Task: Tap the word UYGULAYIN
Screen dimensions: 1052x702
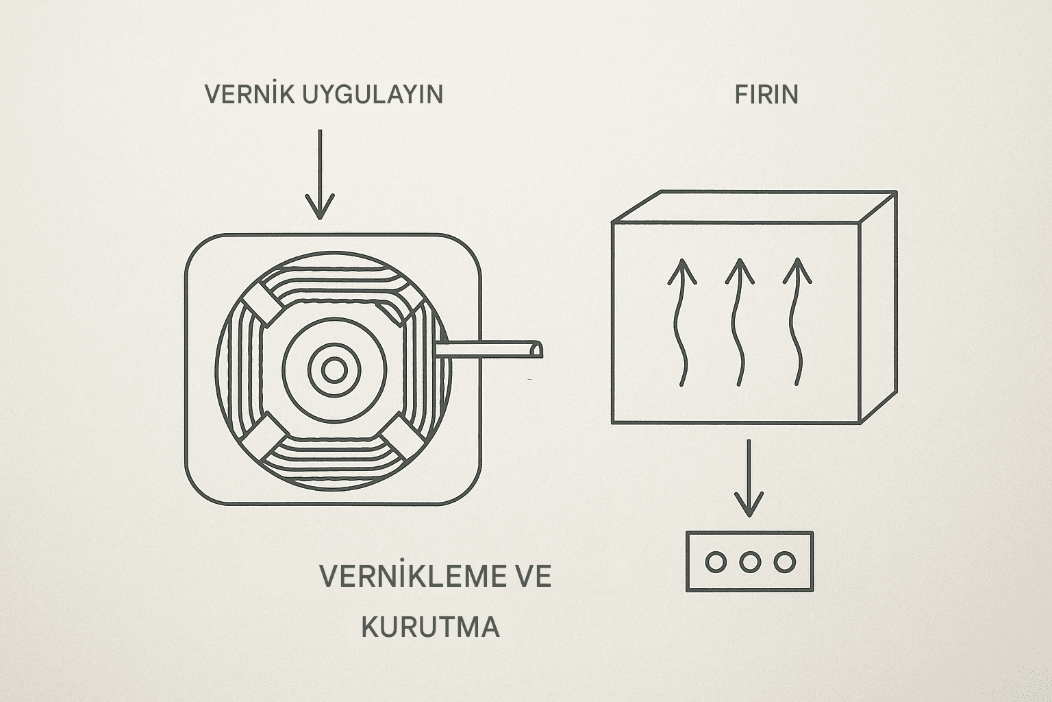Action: tap(373, 94)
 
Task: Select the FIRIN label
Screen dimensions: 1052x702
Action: tap(766, 95)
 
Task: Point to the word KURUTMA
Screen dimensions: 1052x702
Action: tap(430, 627)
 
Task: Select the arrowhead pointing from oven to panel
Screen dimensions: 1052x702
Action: tap(749, 504)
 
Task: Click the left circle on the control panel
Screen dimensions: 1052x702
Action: tap(716, 561)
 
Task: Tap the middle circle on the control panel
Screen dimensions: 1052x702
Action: tap(750, 561)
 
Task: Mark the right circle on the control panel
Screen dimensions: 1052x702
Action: tap(785, 561)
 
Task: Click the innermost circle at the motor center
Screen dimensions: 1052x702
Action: tap(334, 370)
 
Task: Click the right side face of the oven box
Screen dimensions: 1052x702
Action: tap(879, 308)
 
